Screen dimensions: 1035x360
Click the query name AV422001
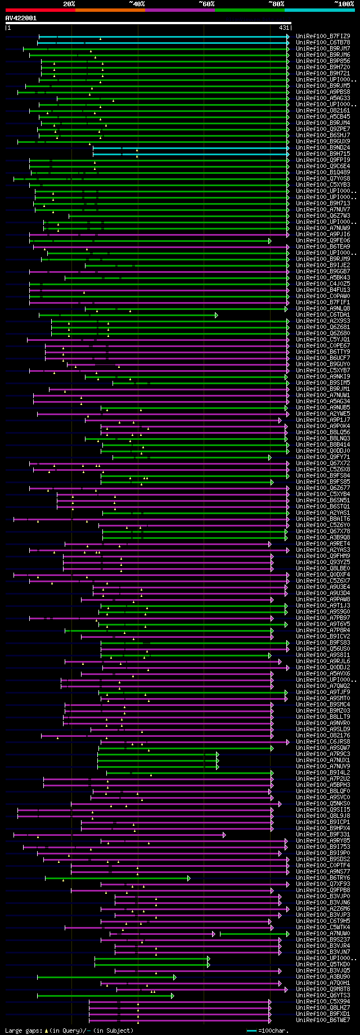[21, 18]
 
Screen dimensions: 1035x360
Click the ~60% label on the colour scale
[206, 4]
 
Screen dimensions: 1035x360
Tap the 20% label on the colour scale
[69, 4]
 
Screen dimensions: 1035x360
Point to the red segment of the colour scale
[40, 10]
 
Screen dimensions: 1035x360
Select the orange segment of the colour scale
[110, 10]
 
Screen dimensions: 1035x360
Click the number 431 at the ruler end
[284, 28]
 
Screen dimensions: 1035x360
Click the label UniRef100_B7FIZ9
[323, 37]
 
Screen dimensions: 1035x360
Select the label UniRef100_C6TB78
[323, 43]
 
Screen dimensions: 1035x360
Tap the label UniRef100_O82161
[323, 111]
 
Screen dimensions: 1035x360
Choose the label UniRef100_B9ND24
[323, 148]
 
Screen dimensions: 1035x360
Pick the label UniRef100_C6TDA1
[323, 315]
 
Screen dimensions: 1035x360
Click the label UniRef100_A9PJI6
[323, 235]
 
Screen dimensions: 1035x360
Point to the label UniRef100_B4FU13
[323, 290]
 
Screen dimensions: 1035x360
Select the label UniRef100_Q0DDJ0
[323, 451]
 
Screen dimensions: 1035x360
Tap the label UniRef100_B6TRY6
[323, 878]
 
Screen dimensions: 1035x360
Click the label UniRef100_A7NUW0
[323, 934]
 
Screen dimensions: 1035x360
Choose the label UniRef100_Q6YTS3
[323, 996]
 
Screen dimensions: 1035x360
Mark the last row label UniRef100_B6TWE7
[323, 1020]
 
